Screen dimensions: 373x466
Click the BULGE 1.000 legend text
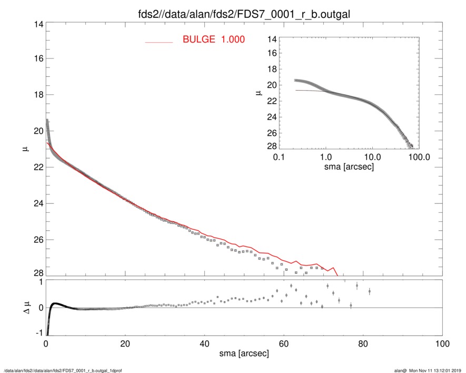click(x=213, y=40)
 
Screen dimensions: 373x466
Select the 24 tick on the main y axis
click(x=38, y=203)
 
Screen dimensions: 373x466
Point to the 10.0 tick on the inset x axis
click(x=372, y=157)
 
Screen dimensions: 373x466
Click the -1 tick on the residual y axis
click(x=38, y=332)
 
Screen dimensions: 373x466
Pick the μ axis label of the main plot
click(x=25, y=149)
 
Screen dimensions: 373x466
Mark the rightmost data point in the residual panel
click(x=370, y=291)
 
